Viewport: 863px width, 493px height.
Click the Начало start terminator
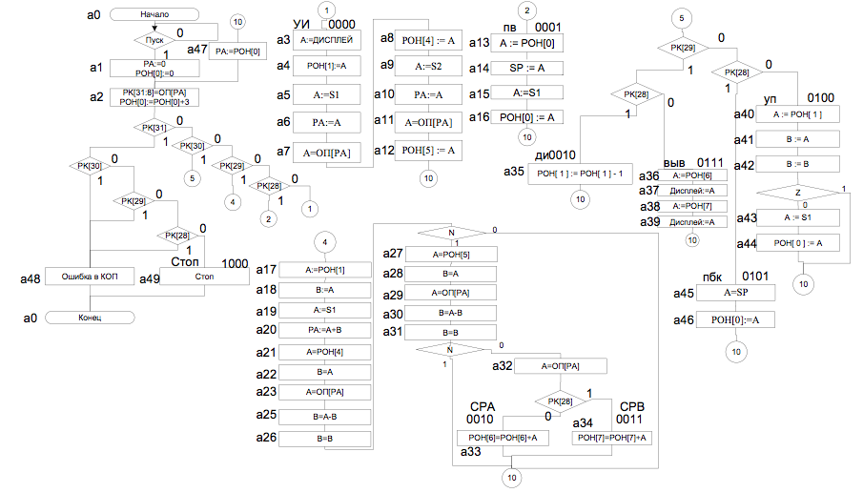point(154,14)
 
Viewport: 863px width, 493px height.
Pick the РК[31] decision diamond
point(154,129)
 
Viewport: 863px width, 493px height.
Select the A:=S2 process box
point(426,68)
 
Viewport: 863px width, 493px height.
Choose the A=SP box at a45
point(736,292)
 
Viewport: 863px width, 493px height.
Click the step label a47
point(196,49)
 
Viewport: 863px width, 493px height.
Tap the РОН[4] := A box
point(426,40)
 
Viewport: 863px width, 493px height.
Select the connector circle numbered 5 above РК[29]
point(680,18)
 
